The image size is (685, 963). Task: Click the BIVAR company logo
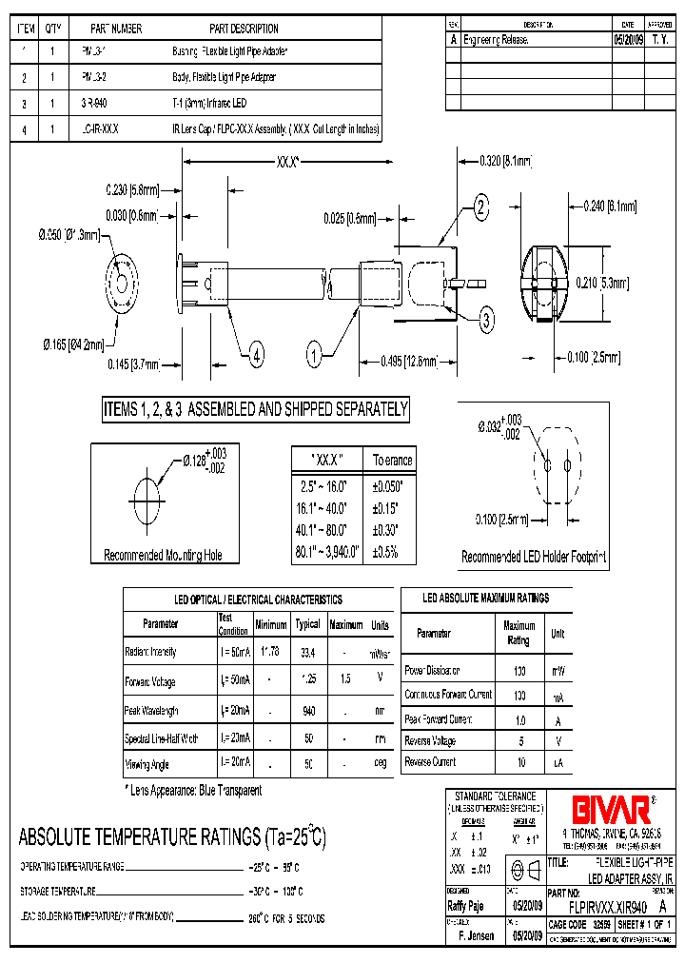click(x=610, y=809)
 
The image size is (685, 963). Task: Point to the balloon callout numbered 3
click(x=486, y=320)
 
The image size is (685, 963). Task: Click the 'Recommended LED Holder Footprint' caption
click(x=534, y=557)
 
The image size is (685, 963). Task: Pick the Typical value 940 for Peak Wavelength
click(x=307, y=711)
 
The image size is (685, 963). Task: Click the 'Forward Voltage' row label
click(x=150, y=681)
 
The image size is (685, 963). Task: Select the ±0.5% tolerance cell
click(x=391, y=552)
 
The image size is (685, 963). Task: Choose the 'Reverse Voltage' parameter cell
click(x=431, y=739)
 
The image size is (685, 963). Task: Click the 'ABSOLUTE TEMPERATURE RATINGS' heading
click(x=172, y=837)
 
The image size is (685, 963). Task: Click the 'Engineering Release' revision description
click(x=496, y=41)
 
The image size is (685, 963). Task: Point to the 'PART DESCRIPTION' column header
click(x=244, y=29)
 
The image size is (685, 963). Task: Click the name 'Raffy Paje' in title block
click(x=466, y=907)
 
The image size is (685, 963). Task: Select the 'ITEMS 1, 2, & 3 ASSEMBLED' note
click(x=256, y=410)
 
